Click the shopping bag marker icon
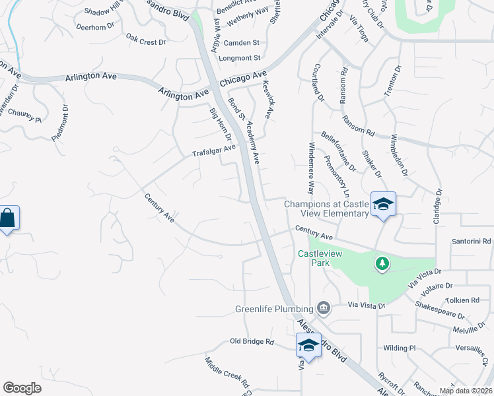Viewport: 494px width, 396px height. point(7,218)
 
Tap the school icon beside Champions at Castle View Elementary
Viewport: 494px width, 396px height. point(382,203)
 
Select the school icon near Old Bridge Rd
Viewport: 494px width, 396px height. point(308,345)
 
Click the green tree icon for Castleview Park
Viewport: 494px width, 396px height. point(382,264)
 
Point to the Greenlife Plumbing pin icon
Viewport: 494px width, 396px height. point(324,308)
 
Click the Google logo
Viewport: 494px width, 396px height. point(22,388)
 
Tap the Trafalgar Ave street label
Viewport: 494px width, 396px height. point(213,150)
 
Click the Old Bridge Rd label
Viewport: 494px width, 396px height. point(252,341)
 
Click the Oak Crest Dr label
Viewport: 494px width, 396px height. point(146,42)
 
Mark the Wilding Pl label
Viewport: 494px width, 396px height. point(398,347)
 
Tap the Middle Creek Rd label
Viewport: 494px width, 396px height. point(226,372)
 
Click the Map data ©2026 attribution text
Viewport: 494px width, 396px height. point(466,391)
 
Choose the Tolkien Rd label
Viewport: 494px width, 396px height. point(471,300)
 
